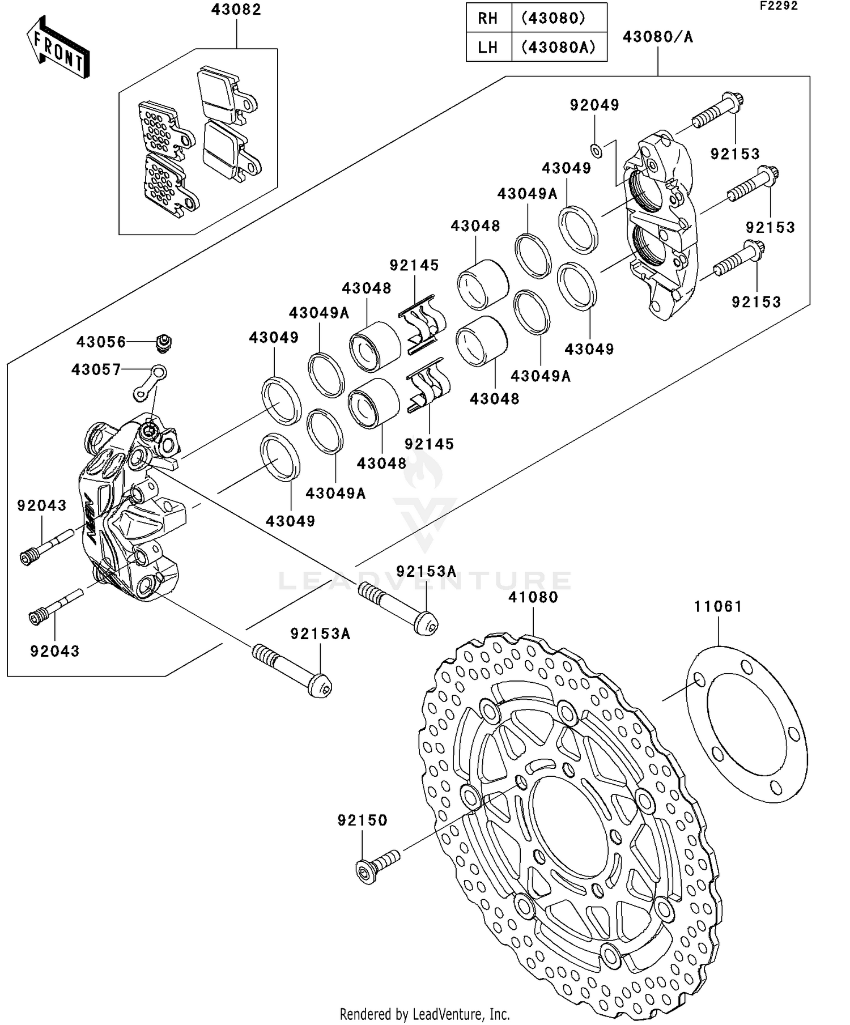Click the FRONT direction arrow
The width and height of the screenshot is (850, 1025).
tap(58, 48)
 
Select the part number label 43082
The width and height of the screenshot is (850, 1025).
tap(236, 10)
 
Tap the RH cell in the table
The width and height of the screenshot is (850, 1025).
tap(488, 18)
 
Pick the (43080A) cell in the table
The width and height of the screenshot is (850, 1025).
tap(559, 47)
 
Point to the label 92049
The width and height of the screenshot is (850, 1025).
tap(594, 105)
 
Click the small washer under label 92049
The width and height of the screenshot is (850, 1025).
tap(596, 150)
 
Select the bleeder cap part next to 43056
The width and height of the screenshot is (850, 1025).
tap(164, 343)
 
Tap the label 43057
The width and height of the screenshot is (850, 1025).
tap(96, 370)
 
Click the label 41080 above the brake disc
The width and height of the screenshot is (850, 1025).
tap(533, 597)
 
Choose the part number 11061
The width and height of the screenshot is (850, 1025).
tap(718, 607)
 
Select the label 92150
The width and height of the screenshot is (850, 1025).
tap(362, 820)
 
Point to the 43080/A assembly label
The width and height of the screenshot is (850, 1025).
tap(657, 37)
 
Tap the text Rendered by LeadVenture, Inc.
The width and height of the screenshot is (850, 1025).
tap(424, 1014)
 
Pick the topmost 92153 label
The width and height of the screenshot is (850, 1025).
tap(735, 154)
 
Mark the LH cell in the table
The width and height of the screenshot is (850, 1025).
tap(488, 47)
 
